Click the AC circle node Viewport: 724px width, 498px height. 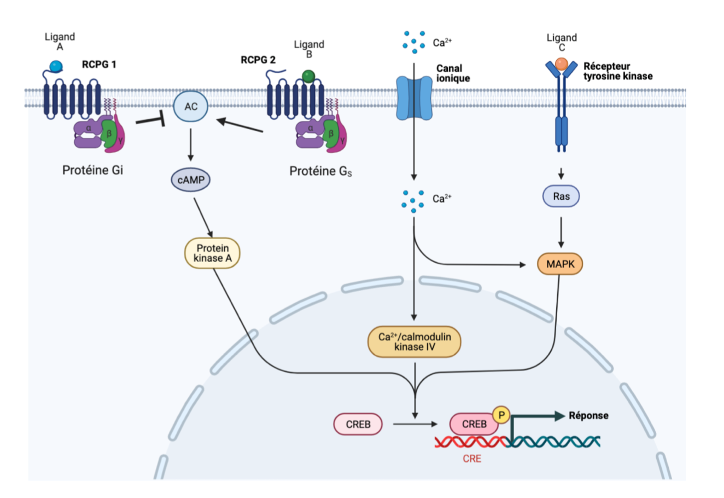coord(190,107)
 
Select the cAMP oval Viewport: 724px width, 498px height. coord(190,180)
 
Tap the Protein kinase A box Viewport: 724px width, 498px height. coord(213,253)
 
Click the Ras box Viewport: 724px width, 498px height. coord(561,196)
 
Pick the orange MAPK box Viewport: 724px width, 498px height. coord(560,264)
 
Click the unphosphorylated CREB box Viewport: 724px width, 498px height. coord(358,424)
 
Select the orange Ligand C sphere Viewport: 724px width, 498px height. coord(562,65)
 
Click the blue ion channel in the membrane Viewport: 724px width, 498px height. coord(414,99)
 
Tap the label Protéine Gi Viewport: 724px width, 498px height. coord(93,170)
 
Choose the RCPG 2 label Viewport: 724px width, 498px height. coord(258,60)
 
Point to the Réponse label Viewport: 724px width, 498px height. coord(588,415)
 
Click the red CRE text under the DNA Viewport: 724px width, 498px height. coord(472,459)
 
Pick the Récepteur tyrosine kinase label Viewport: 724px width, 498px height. coord(617,71)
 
